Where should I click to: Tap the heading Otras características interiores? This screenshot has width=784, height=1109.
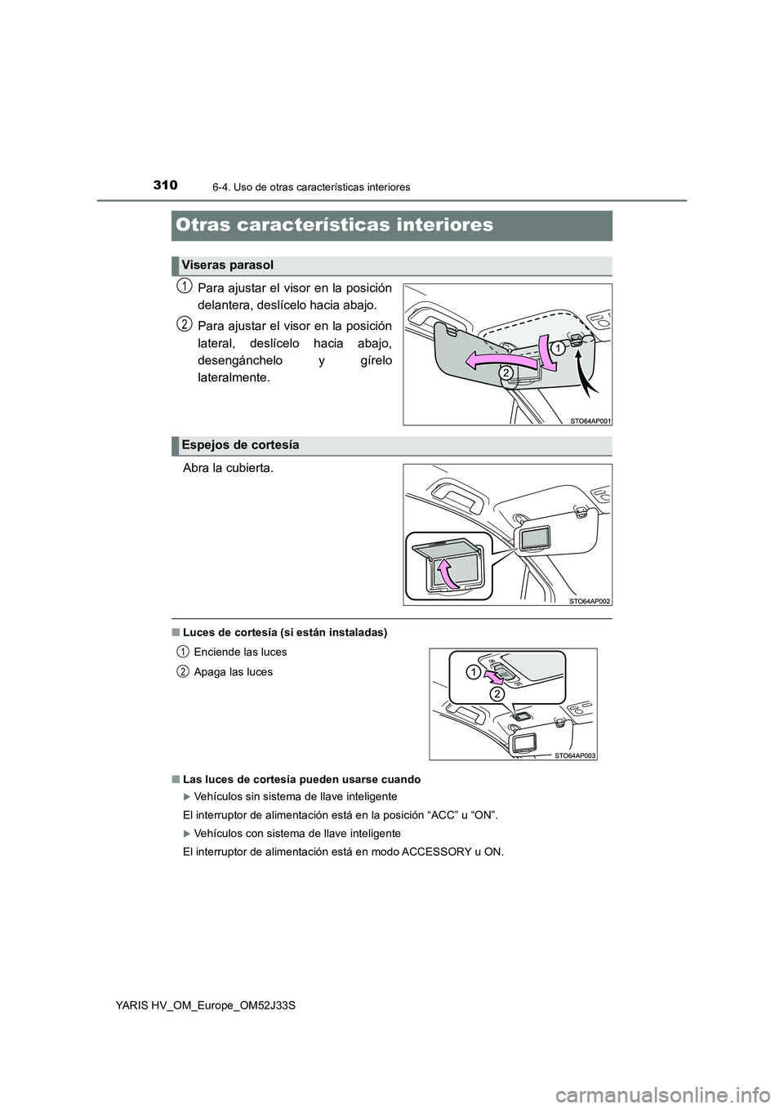pos(333,225)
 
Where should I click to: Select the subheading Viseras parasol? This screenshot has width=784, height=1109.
pos(227,265)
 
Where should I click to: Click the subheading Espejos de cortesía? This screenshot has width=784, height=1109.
pos(240,445)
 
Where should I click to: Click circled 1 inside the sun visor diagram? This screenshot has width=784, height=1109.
pos(555,348)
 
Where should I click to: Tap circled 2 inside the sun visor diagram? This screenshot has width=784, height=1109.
pos(506,373)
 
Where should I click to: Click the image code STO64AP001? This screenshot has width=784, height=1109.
pos(590,421)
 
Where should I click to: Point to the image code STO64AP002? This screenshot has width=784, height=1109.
pos(590,601)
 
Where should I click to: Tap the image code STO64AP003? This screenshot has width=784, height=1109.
pos(576,756)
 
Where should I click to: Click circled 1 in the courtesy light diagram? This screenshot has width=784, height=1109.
pos(474,672)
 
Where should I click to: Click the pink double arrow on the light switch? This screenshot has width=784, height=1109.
pos(494,676)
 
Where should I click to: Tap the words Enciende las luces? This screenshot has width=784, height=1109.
pos(240,652)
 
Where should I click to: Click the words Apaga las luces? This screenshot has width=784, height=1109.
pos(233,672)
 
